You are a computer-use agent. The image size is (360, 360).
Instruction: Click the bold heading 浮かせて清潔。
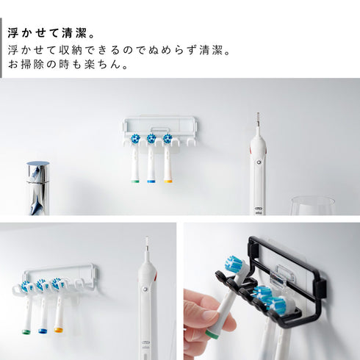51,33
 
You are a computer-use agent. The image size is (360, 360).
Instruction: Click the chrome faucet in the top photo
38,188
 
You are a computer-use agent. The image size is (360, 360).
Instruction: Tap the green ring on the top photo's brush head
135,181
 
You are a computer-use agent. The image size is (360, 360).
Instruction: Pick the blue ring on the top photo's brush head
151,181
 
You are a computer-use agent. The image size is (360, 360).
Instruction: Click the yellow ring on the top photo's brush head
168,181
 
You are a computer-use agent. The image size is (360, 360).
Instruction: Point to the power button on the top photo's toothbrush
259,162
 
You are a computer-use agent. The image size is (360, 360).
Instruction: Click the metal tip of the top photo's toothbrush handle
258,119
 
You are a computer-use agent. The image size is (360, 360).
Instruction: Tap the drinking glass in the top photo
313,206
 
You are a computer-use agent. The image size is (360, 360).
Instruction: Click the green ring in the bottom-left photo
26,332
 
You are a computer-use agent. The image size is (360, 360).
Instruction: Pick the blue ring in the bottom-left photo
43,331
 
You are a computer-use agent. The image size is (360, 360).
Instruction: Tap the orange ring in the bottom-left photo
59,330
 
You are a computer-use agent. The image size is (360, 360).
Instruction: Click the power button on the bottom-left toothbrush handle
145,289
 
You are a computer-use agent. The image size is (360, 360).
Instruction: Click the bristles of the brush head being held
234,264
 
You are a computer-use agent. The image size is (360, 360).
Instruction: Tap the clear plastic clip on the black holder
282,276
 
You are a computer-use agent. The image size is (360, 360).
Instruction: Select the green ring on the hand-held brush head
212,334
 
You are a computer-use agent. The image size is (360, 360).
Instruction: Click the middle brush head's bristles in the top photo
151,139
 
